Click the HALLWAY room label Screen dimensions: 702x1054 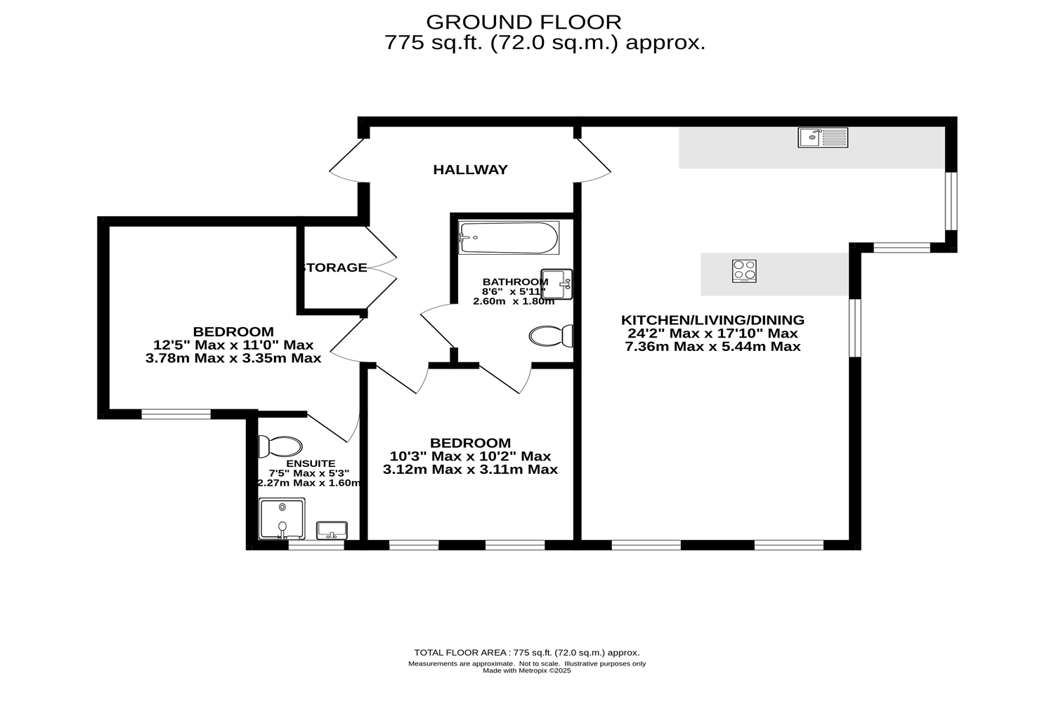coord(470,170)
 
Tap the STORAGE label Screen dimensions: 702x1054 coord(334,267)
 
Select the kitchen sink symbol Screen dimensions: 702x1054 coord(823,137)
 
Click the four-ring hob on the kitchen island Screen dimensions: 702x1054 coord(744,271)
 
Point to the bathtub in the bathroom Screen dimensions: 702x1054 coord(508,238)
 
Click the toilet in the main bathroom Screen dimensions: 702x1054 coord(551,336)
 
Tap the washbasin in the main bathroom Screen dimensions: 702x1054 coord(557,284)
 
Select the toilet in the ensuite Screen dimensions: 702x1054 coord(280,446)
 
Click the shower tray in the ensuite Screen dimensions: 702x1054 coord(282,518)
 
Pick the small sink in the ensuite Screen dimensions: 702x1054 coord(332,530)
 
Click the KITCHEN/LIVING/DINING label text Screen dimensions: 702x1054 coord(713,320)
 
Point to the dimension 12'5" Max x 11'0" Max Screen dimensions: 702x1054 coord(233,345)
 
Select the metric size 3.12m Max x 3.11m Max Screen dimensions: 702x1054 coord(470,469)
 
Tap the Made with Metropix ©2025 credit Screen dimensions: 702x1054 coord(526,670)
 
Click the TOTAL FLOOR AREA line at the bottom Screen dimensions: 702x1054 coord(526,652)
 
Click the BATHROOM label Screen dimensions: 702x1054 coord(515,282)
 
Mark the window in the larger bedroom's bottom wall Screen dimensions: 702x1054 coord(176,414)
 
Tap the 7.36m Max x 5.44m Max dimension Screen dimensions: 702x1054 coord(713,346)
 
